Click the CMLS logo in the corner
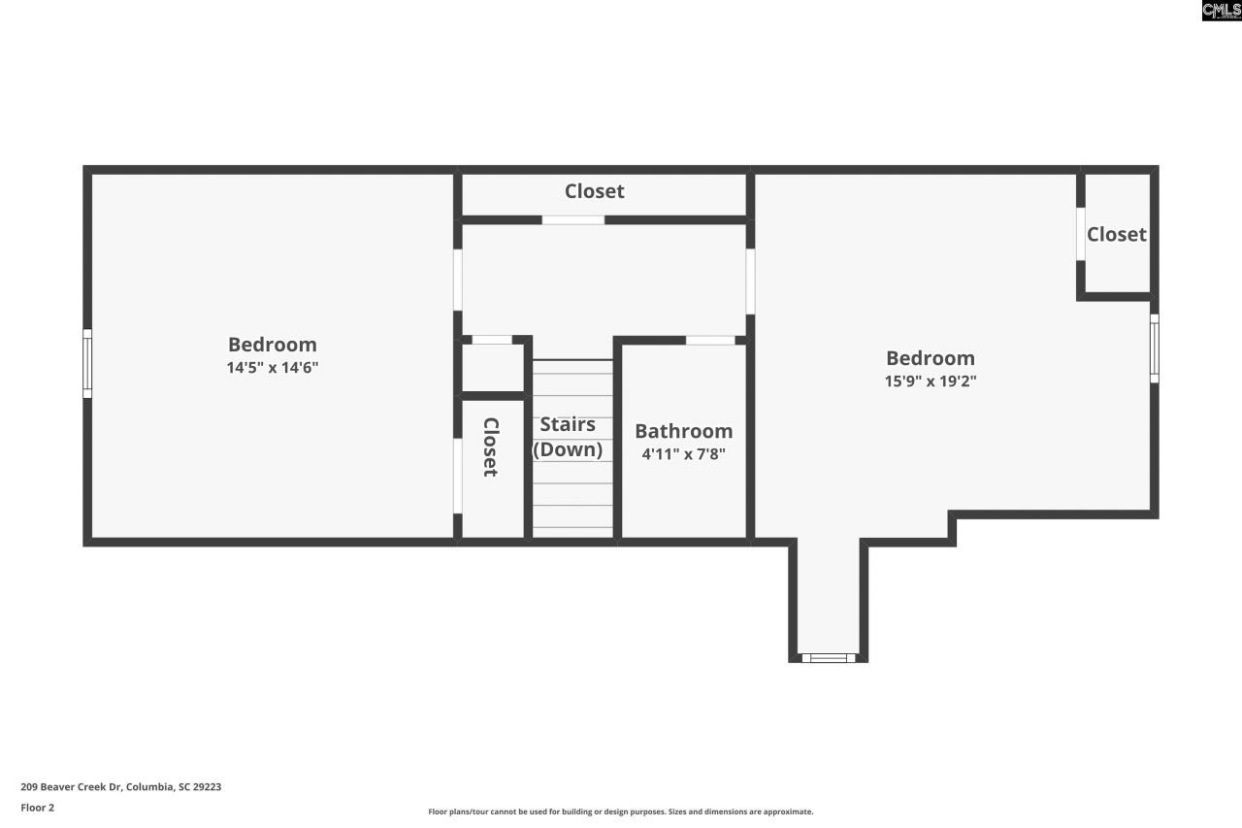coord(1221,11)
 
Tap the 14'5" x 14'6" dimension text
coord(273,368)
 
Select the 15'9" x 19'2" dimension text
coord(930,381)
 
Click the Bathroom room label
coord(683,431)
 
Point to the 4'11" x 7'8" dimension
coord(683,453)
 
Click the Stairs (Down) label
coord(568,437)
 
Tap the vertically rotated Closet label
coord(491,447)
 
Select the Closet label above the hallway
coord(594,191)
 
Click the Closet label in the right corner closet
coord(1116,234)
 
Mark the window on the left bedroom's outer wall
coord(87,364)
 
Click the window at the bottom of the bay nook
coord(828,658)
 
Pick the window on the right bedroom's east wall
coord(1154,348)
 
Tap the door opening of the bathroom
coord(710,341)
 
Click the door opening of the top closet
coord(572,220)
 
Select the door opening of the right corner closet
coord(1080,234)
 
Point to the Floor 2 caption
coord(37,808)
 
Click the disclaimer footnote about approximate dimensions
coord(621,811)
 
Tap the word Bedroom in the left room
coord(272,345)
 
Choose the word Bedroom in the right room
coord(930,358)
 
